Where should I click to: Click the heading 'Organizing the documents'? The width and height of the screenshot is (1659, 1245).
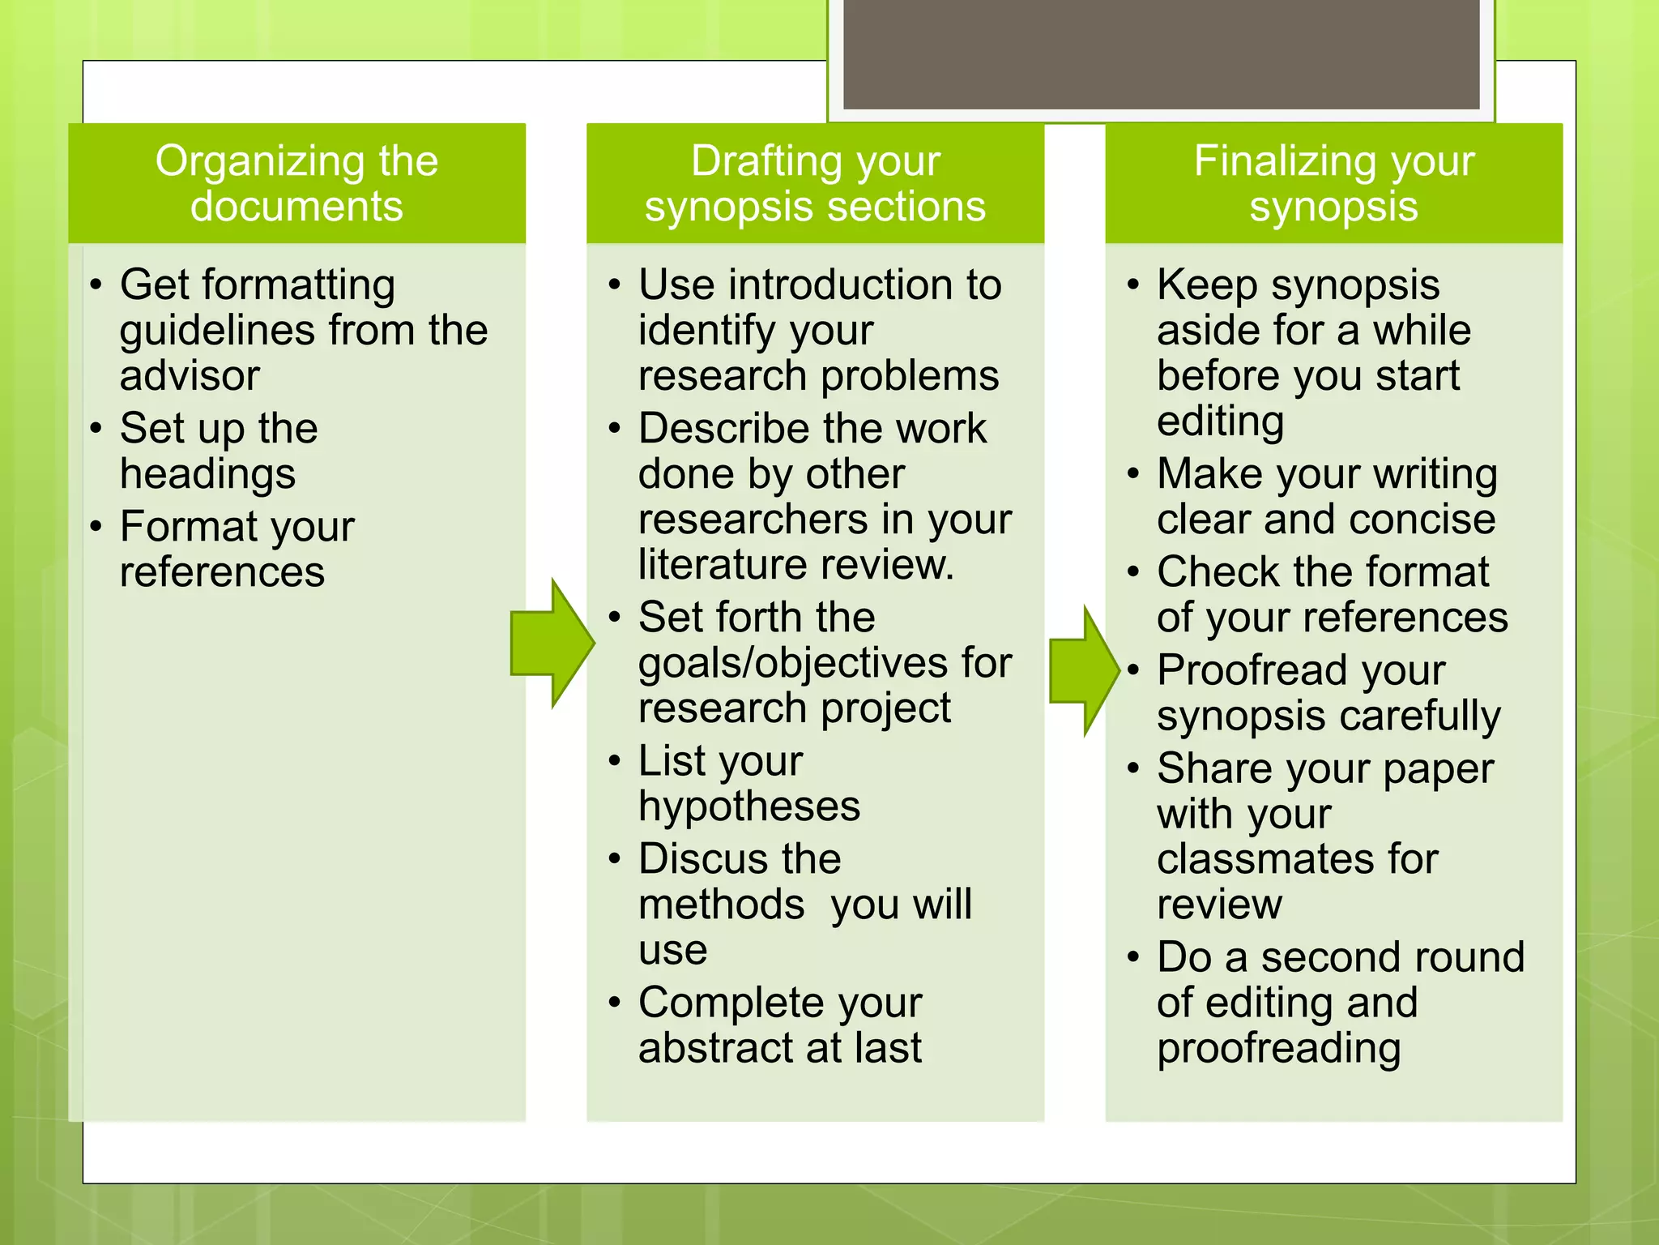click(296, 183)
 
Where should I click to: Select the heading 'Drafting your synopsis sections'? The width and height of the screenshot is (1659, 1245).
click(815, 183)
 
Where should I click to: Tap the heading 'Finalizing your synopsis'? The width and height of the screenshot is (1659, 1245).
click(1333, 183)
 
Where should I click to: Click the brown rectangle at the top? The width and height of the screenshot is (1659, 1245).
click(1161, 53)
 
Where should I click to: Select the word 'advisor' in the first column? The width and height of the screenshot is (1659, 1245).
click(190, 376)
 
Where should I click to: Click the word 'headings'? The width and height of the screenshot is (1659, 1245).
click(207, 474)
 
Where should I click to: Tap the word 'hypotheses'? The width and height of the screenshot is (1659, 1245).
click(748, 807)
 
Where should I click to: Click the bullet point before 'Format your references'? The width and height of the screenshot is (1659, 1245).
click(96, 528)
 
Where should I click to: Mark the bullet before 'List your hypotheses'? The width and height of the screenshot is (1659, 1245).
click(615, 761)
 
